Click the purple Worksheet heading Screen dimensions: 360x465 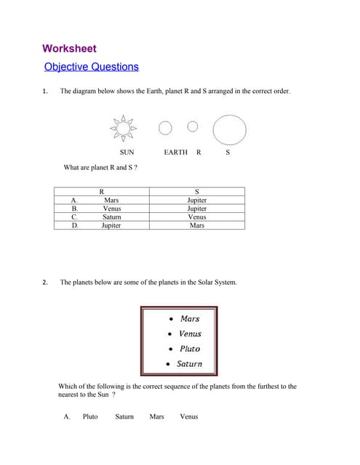point(69,49)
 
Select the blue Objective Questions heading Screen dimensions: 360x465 point(91,67)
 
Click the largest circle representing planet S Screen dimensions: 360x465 point(230,129)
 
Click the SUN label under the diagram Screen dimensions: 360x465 point(127,153)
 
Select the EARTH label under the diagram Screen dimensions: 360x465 point(175,153)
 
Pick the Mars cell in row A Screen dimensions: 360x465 point(111,200)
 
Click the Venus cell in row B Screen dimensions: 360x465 point(111,209)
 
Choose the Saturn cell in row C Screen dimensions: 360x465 point(111,217)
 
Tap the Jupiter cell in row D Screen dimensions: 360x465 point(111,225)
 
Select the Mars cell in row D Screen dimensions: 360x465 point(197,225)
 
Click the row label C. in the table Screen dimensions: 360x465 point(74,217)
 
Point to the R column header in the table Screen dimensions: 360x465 point(101,191)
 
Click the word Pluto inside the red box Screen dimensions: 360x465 point(189,349)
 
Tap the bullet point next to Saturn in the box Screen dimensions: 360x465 point(169,364)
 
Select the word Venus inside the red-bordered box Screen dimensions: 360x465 point(190,333)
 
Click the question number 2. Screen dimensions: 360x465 point(44,282)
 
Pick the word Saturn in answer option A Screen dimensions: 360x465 point(124,416)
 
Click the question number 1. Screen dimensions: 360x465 point(44,92)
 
